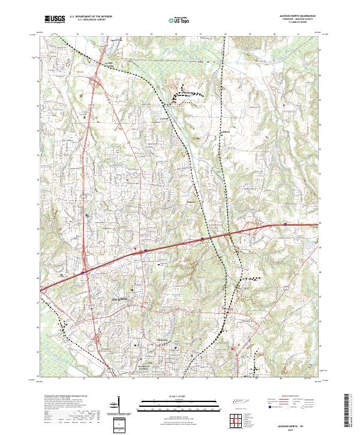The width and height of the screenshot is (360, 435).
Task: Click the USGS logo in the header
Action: pyautogui.click(x=55, y=19)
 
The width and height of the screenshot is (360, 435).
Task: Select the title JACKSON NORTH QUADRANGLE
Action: pyautogui.click(x=297, y=16)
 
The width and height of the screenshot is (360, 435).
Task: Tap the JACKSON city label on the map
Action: pyautogui.click(x=120, y=298)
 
